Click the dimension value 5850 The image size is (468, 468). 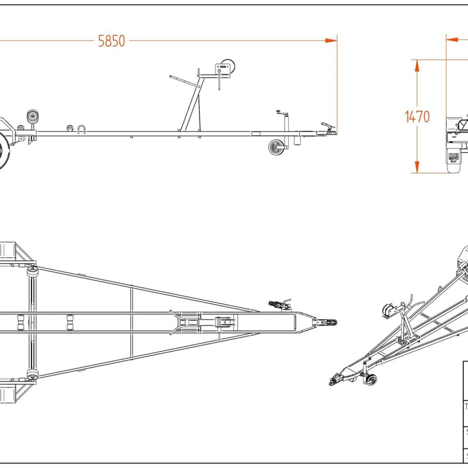[111, 41]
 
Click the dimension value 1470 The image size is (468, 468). [417, 117]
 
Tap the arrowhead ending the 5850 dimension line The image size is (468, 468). [332, 41]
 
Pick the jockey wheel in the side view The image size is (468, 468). [276, 147]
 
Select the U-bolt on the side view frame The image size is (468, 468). [82, 129]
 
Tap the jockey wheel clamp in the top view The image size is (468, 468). [280, 305]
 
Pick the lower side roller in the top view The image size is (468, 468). [32, 374]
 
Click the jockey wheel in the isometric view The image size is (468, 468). [371, 380]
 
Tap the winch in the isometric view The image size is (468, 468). [388, 309]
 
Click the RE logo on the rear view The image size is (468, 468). [453, 157]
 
